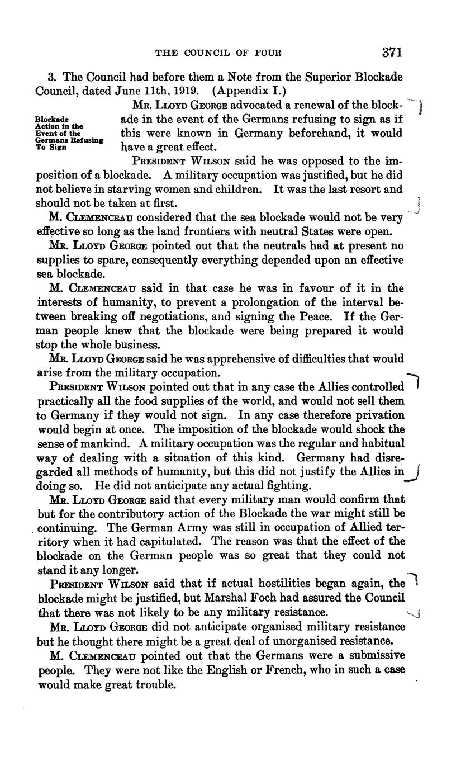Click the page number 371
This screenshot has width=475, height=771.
tap(392, 53)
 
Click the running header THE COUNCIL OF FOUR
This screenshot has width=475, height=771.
tap(218, 53)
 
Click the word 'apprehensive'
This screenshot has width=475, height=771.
tap(225, 358)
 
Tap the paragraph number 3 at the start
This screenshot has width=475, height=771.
tap(51, 76)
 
